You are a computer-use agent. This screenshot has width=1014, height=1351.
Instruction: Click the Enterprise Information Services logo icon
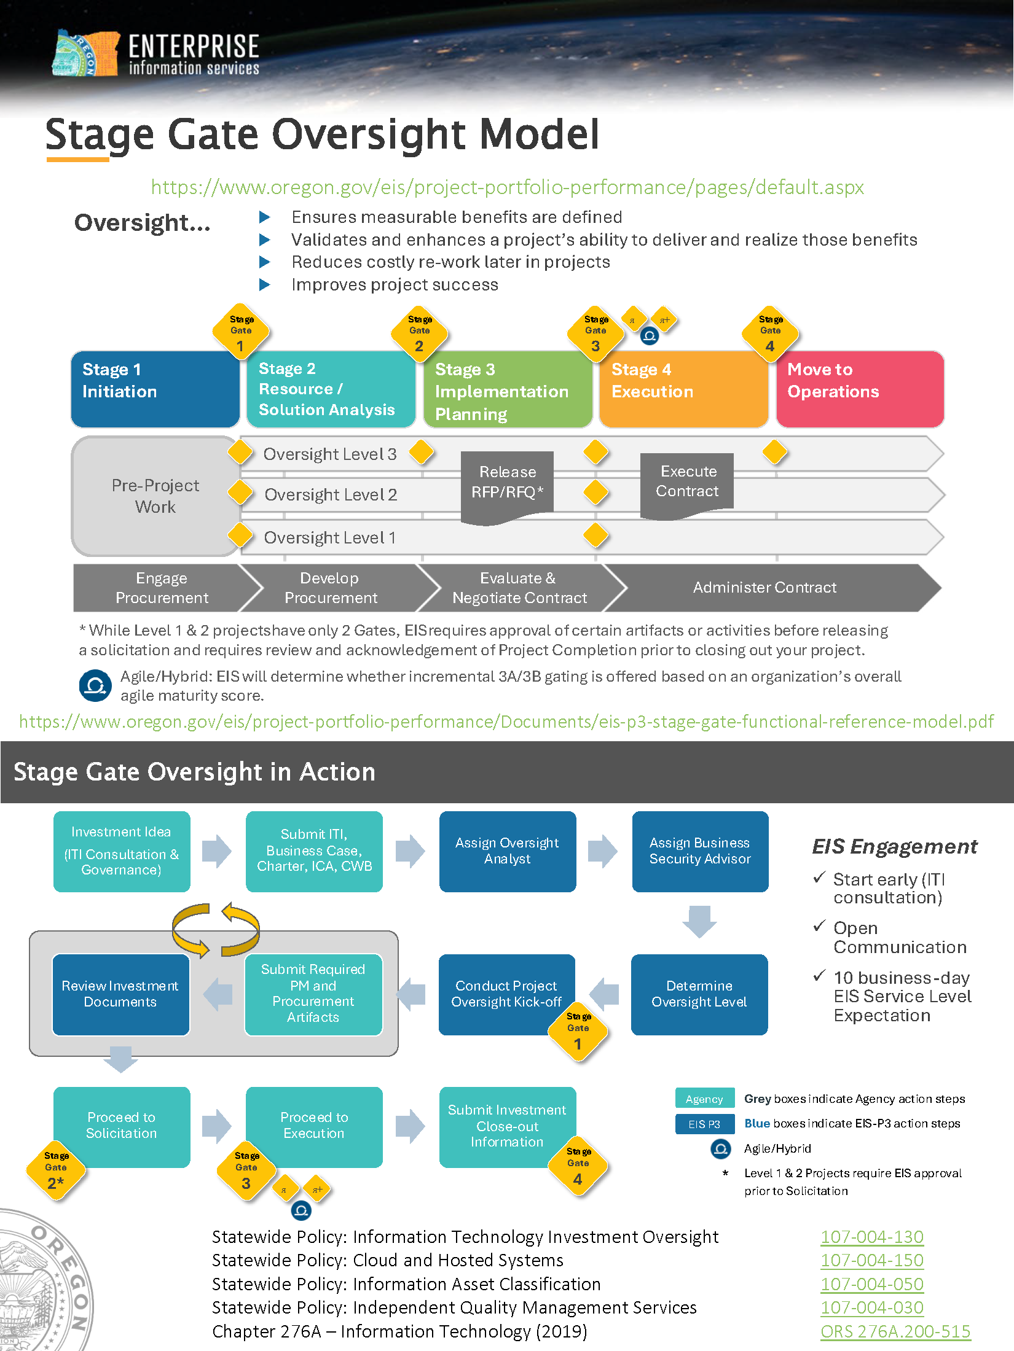coord(85,53)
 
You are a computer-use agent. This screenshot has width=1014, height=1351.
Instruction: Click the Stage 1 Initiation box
coord(155,389)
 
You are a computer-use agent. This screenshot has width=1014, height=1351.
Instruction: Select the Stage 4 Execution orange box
coord(683,389)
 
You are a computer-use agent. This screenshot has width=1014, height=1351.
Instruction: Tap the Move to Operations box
coord(859,389)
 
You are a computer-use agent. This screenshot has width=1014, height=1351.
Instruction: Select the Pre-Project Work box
coord(155,496)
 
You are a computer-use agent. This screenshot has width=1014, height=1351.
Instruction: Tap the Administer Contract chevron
coord(764,588)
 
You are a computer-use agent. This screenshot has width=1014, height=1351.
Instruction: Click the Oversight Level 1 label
coord(329,538)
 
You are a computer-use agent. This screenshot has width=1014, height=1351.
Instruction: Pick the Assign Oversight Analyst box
coord(507,851)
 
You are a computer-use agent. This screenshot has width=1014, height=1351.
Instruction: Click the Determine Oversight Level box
coord(699,994)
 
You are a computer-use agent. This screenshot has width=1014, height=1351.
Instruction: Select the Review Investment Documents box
coord(120,994)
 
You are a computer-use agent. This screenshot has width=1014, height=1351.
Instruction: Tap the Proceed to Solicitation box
coord(122,1126)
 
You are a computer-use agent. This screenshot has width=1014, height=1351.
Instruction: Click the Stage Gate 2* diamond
coord(56,1171)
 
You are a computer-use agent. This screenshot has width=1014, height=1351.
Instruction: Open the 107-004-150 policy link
coord(871,1261)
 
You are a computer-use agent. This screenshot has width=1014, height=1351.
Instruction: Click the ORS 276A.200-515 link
coord(895,1331)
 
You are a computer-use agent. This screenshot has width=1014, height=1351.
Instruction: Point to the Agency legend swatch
coord(704,1099)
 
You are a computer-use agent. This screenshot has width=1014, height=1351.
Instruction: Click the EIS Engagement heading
coord(894,847)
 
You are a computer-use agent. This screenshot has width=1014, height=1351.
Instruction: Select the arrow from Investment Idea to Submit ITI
coord(216,851)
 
